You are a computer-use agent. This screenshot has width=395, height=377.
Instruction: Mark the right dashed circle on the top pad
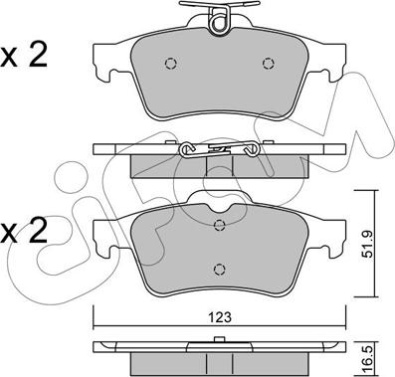pyautogui.click(x=267, y=65)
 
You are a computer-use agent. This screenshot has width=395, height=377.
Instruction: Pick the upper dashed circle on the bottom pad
pyautogui.click(x=218, y=225)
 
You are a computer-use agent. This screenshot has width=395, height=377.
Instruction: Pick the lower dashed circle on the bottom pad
pyautogui.click(x=218, y=267)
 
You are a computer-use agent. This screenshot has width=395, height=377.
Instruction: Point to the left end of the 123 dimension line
pyautogui.click(x=95, y=330)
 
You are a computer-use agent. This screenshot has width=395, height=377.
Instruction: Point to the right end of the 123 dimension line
pyautogui.click(x=340, y=330)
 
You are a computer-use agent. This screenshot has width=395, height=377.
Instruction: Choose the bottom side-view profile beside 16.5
pyautogui.click(x=218, y=350)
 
